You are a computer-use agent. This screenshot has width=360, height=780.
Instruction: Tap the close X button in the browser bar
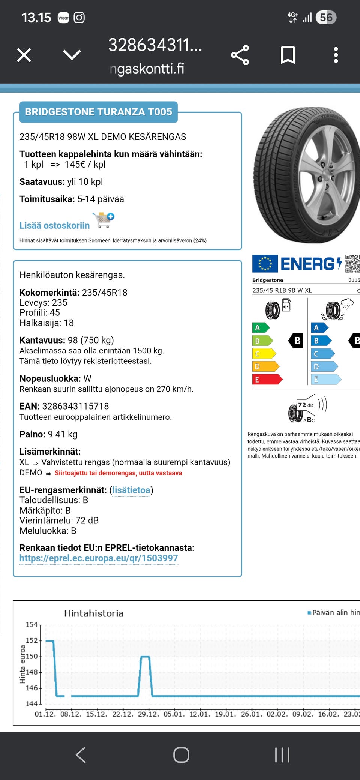point(24,55)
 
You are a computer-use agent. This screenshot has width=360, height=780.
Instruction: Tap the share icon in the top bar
point(240,55)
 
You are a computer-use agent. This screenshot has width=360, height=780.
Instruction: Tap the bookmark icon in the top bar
point(288,55)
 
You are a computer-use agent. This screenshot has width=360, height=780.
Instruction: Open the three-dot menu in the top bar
point(336,55)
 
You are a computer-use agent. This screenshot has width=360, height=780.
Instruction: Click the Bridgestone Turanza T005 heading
point(98,112)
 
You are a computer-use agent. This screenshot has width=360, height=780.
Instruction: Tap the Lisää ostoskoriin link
point(55,225)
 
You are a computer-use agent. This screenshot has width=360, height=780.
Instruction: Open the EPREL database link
point(99,558)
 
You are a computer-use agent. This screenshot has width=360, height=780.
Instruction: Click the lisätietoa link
point(131,490)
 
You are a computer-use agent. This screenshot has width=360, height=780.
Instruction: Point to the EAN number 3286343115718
point(75,406)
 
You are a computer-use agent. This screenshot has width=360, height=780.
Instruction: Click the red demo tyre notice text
point(118,473)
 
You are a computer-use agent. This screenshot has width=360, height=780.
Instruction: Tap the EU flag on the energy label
point(265,263)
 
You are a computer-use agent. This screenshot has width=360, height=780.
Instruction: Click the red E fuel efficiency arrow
point(267,379)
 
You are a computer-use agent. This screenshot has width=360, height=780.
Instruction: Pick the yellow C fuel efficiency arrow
point(264,354)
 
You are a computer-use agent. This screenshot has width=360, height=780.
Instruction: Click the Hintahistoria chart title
point(94,613)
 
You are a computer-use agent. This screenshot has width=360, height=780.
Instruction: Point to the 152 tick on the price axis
point(31,640)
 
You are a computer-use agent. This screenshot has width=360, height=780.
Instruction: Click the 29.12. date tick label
point(147,714)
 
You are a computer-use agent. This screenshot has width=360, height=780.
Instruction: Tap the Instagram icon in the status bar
point(79,18)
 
